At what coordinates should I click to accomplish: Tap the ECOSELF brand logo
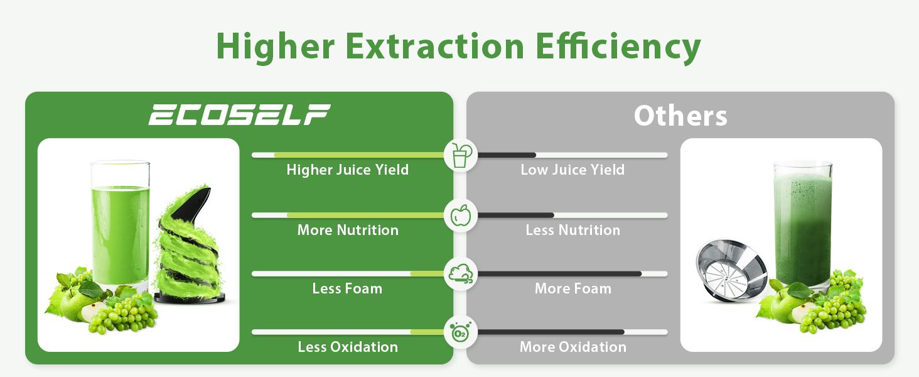coord(239,114)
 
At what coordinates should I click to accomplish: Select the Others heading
coord(680,116)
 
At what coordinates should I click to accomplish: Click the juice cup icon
coord(461,155)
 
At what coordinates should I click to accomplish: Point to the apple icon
coord(461,215)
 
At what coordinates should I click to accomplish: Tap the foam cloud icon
coord(461,274)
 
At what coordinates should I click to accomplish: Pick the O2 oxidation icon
coord(461,332)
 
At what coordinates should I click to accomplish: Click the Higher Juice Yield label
coord(348,170)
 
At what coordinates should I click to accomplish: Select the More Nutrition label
coord(348,230)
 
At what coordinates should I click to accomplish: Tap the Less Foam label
coord(347,288)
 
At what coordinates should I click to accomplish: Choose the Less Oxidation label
coord(348,347)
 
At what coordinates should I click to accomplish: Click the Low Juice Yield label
coord(572,170)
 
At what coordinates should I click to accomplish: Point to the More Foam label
coord(572,288)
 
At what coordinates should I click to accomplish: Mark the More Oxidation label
coord(572,347)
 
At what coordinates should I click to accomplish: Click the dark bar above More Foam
coord(559,274)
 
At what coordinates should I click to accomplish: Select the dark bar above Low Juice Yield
coord(507,155)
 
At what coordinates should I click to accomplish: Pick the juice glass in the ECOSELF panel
coord(120,225)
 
